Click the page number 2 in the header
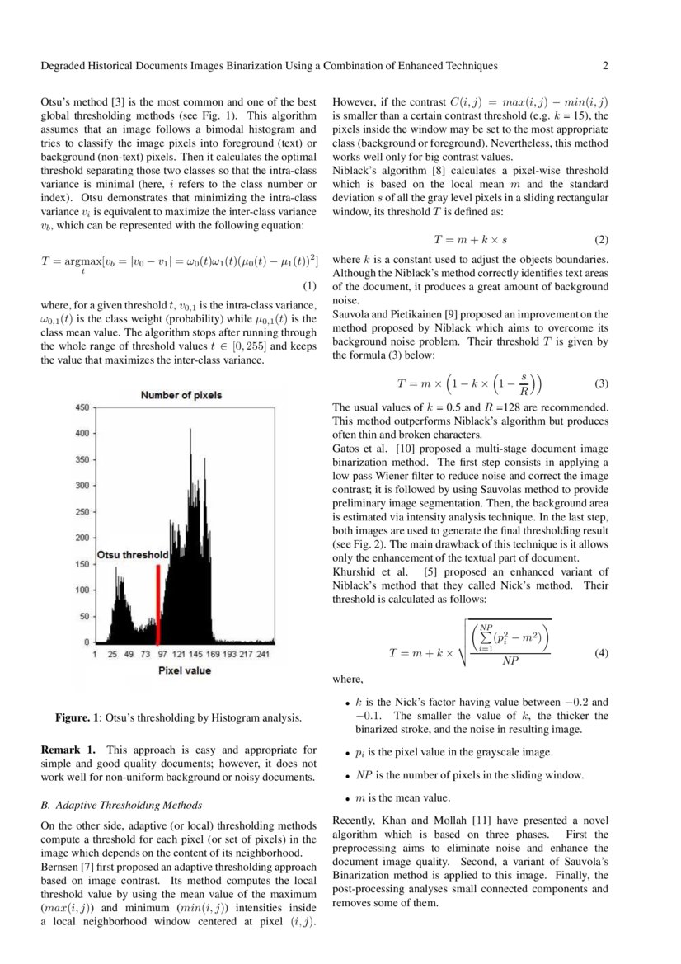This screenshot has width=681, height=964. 604,66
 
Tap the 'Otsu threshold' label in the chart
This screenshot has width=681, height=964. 133,556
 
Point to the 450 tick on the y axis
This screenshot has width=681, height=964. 82,408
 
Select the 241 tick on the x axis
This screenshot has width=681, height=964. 263,653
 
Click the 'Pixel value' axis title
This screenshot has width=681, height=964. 185,670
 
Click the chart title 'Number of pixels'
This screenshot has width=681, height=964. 181,395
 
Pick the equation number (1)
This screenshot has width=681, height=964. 310,286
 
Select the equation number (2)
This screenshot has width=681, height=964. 600,240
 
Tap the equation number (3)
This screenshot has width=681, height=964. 600,383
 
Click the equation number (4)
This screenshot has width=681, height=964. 600,653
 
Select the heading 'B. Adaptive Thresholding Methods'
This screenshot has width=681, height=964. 121,805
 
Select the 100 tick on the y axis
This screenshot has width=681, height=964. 82,590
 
